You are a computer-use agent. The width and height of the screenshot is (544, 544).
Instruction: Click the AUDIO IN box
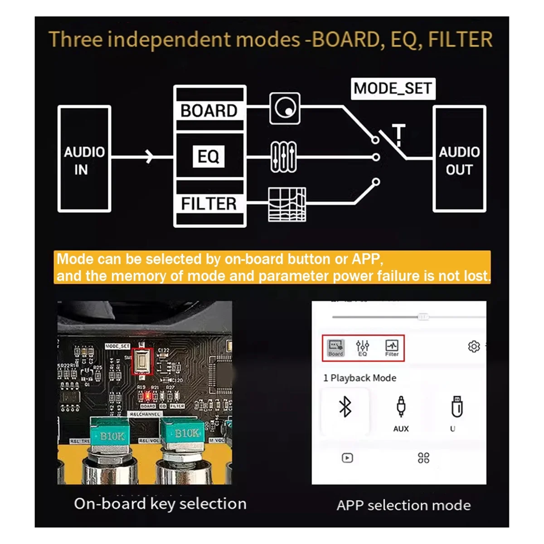pos(84,159)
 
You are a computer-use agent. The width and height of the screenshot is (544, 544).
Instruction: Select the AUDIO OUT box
pos(459,159)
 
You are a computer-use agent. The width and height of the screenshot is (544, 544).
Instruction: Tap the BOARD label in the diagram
pos(209,111)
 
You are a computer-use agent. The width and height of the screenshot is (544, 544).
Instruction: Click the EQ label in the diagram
pos(209,156)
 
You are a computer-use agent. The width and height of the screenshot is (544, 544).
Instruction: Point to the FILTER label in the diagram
pos(209,204)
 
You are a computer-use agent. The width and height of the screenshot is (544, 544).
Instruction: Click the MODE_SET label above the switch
pos(393,88)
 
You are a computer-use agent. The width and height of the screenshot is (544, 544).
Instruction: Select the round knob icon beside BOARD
pos(285,109)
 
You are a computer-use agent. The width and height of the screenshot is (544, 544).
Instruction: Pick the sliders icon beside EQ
pos(284,157)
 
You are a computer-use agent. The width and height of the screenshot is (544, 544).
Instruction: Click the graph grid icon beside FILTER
pos(287,204)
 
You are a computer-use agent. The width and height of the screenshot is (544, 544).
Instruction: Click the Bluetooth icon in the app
pos(345,407)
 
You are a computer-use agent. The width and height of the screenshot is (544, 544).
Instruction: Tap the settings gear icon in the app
pos(474,347)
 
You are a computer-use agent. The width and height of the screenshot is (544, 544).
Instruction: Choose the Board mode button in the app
pos(336,348)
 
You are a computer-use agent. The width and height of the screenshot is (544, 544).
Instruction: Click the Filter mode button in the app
pos(392,348)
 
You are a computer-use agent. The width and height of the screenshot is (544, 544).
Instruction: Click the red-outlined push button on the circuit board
pos(142,362)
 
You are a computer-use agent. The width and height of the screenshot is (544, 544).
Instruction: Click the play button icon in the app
pos(347,458)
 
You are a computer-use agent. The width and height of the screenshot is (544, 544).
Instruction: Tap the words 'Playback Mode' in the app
pos(363,378)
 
